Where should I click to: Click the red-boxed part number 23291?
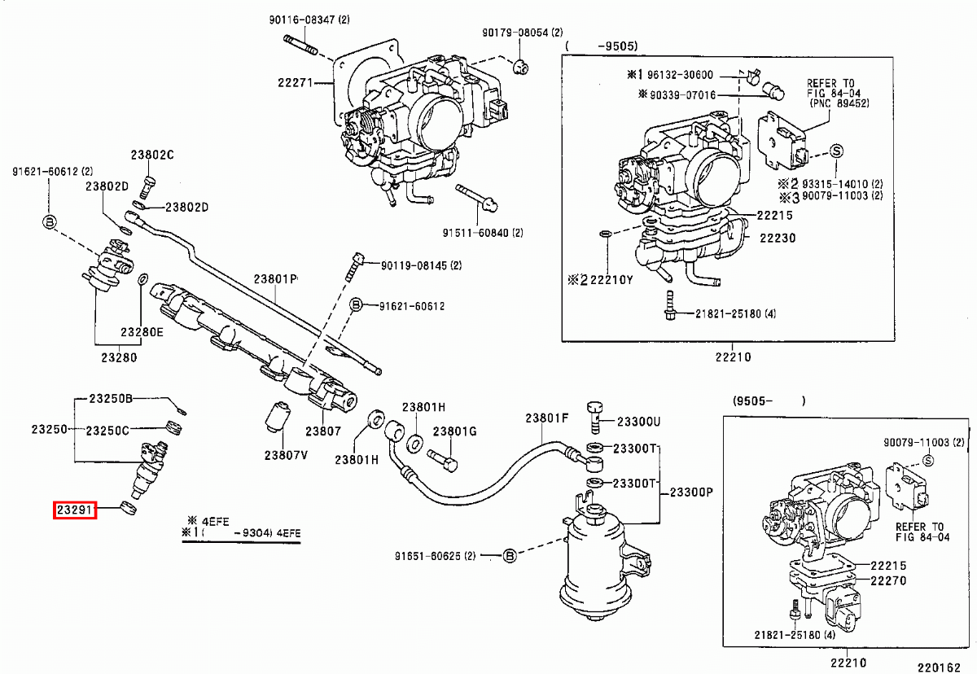click(75, 510)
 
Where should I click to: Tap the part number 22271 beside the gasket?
click(296, 83)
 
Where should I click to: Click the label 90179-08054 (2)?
click(522, 33)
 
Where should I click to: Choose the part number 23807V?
click(286, 454)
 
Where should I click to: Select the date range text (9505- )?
click(769, 400)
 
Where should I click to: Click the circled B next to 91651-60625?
click(510, 556)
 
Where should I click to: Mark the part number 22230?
click(778, 238)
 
